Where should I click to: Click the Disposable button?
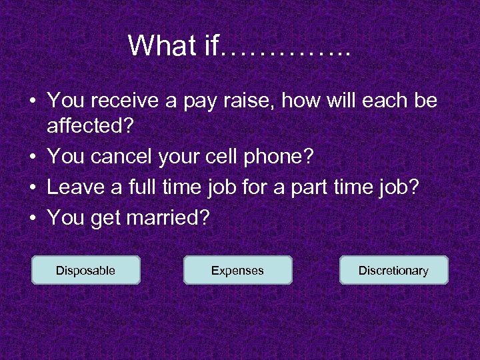coord(85,270)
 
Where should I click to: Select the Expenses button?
coord(237,270)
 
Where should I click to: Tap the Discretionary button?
coord(393,270)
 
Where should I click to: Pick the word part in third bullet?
coord(327,188)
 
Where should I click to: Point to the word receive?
coord(122,101)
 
